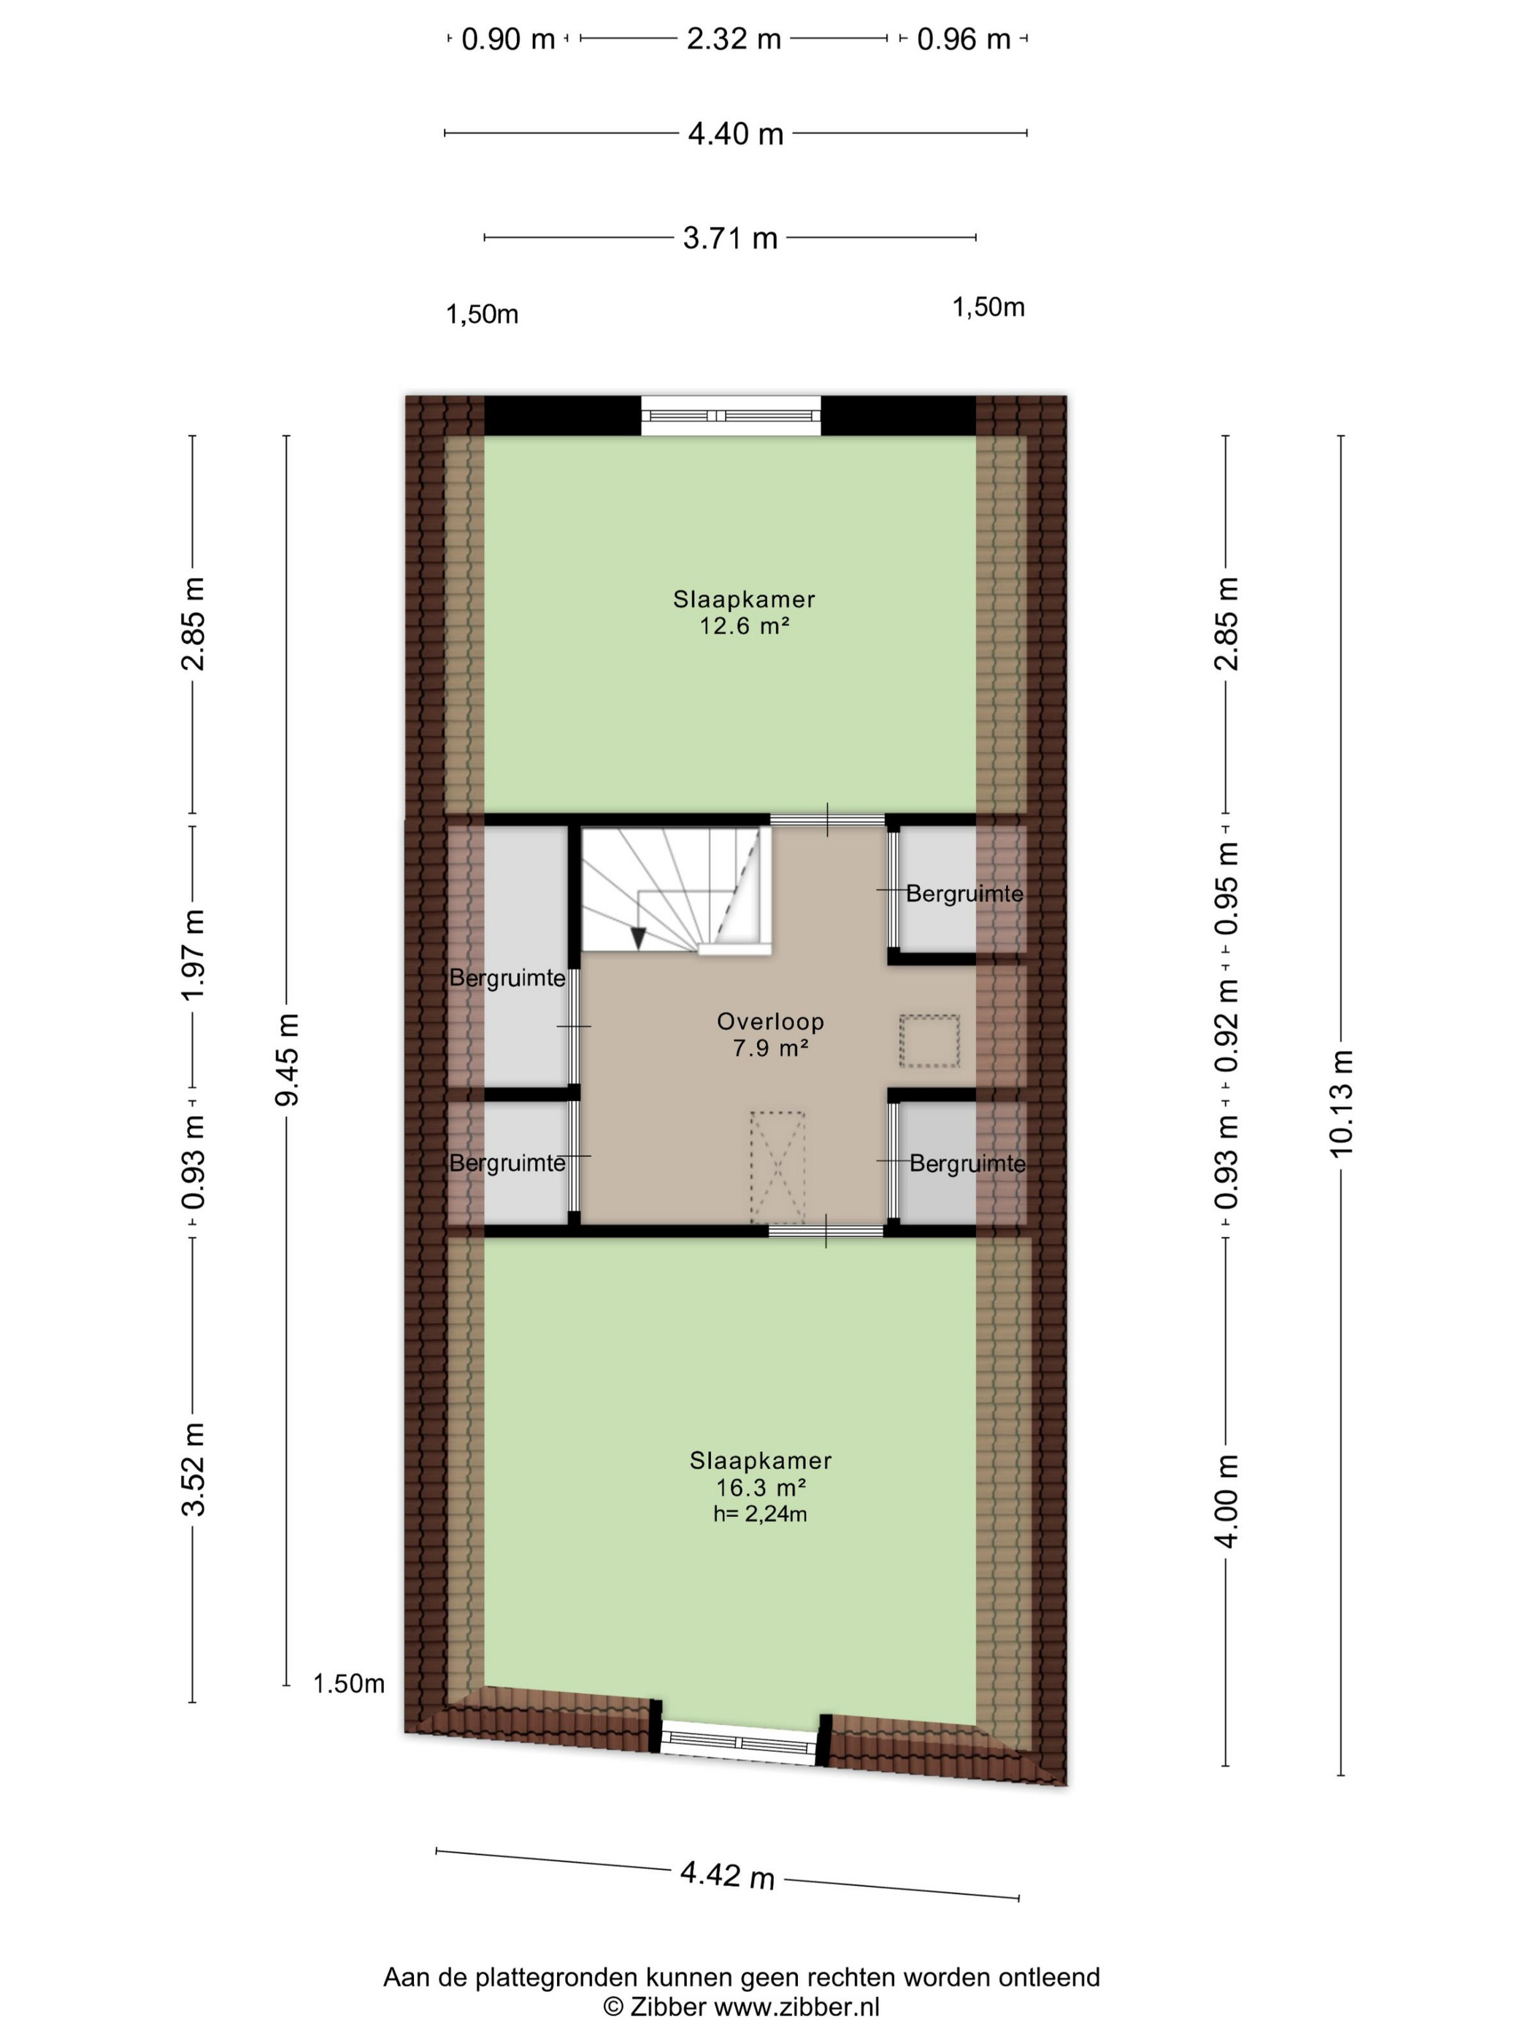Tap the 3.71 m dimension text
click(730, 239)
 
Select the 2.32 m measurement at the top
click(734, 39)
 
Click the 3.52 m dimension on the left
click(193, 1470)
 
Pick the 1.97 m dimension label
click(193, 954)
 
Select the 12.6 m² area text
click(744, 626)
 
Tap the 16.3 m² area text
click(761, 1487)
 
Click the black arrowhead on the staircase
click(637, 938)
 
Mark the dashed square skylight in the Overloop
click(929, 1041)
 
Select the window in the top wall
click(731, 416)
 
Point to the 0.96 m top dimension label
click(964, 39)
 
